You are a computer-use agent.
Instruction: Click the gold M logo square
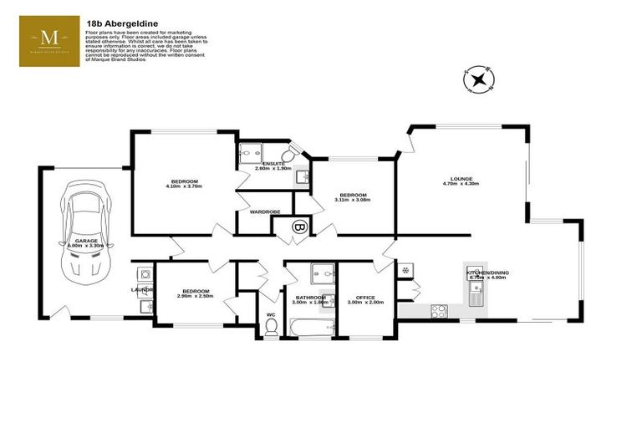click(49, 41)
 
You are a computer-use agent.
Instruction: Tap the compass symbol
click(478, 81)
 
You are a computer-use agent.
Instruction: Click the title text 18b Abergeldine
click(118, 24)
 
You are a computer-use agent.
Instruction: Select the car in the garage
click(86, 237)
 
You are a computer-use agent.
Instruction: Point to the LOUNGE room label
click(461, 178)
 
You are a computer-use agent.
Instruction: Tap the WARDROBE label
click(264, 211)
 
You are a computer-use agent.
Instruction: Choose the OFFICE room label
click(365, 297)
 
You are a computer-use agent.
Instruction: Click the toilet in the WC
click(270, 328)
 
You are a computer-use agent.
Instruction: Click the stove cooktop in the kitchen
click(439, 311)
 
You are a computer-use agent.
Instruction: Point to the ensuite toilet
click(288, 155)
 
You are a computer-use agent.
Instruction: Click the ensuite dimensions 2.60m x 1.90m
click(273, 168)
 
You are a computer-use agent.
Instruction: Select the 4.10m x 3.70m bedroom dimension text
click(185, 186)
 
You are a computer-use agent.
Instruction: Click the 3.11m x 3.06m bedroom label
click(351, 200)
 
